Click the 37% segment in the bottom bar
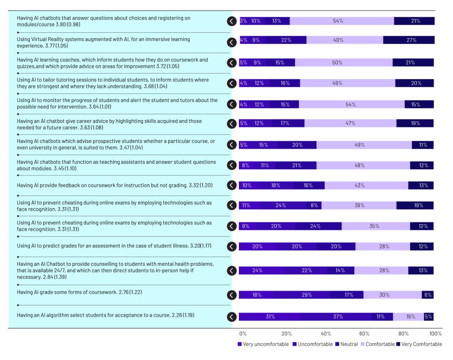click(338, 317)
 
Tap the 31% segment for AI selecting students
click(270, 317)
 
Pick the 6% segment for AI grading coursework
click(427, 295)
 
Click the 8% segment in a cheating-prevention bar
click(314, 205)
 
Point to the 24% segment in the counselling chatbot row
click(257, 271)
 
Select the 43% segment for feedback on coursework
click(359, 186)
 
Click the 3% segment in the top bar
click(243, 21)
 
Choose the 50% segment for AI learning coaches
click(337, 63)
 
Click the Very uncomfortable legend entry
click(263, 344)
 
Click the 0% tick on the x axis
click(243, 333)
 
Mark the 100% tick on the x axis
click(436, 333)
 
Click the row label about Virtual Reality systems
click(103, 42)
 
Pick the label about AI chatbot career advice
click(109, 124)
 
